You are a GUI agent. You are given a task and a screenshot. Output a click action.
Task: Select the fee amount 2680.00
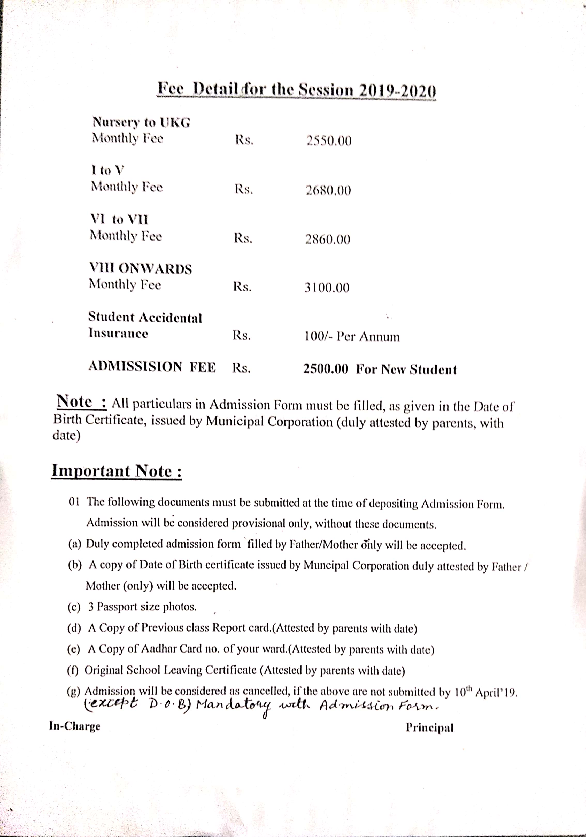tap(328, 190)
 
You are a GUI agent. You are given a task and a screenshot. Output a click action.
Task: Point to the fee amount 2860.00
tap(327, 239)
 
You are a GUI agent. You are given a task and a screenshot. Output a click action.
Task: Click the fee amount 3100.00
tap(327, 288)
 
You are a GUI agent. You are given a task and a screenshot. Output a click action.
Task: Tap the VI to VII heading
tap(119, 220)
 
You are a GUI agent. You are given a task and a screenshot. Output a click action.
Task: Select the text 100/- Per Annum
tap(352, 336)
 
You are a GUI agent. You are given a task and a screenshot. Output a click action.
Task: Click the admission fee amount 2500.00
tap(326, 369)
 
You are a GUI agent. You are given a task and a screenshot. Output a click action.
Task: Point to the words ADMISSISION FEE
tap(152, 366)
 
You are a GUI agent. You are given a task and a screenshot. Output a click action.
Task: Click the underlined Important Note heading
tap(116, 471)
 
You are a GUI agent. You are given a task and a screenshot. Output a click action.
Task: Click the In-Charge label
tap(75, 726)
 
